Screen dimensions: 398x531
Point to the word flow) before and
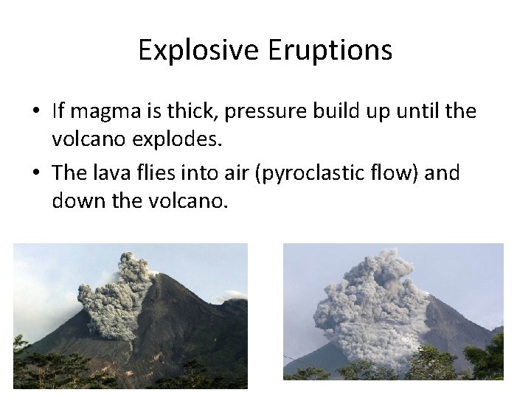coord(403,174)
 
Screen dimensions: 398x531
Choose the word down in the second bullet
coord(75,201)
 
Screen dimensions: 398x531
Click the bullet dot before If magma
coord(36,113)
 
